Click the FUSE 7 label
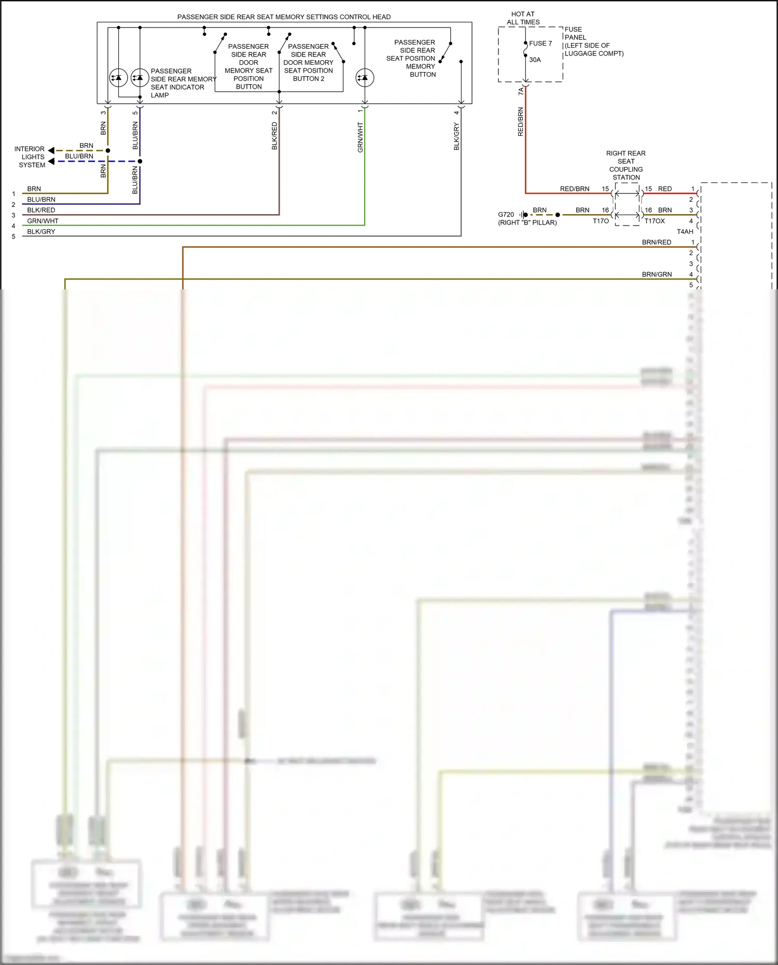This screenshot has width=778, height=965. pos(540,44)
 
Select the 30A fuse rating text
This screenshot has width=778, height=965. pos(535,60)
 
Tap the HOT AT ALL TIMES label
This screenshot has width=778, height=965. pos(523,18)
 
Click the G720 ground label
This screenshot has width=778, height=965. pos(506,214)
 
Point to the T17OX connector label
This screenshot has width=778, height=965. pos(655,221)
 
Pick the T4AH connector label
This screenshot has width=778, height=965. pos(685,231)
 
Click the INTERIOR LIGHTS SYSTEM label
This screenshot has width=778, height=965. pos(31,157)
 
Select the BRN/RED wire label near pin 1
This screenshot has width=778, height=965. pos(656,242)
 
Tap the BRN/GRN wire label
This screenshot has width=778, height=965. pos(657,274)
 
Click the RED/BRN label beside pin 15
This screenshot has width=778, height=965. pos(575,189)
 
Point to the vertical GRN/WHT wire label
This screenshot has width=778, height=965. pos(360,137)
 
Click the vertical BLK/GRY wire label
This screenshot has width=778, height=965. pos(456,136)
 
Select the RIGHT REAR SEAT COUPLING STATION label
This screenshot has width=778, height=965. pos(626,165)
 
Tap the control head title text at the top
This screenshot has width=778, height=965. pos(284,17)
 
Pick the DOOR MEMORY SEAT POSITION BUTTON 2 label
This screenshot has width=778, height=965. pos(308,62)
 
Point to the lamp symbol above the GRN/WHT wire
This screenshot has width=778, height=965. pos(365,78)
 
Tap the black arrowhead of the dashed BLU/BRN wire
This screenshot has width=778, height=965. pos(51,161)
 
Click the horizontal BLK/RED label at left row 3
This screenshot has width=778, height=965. pos(41,210)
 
